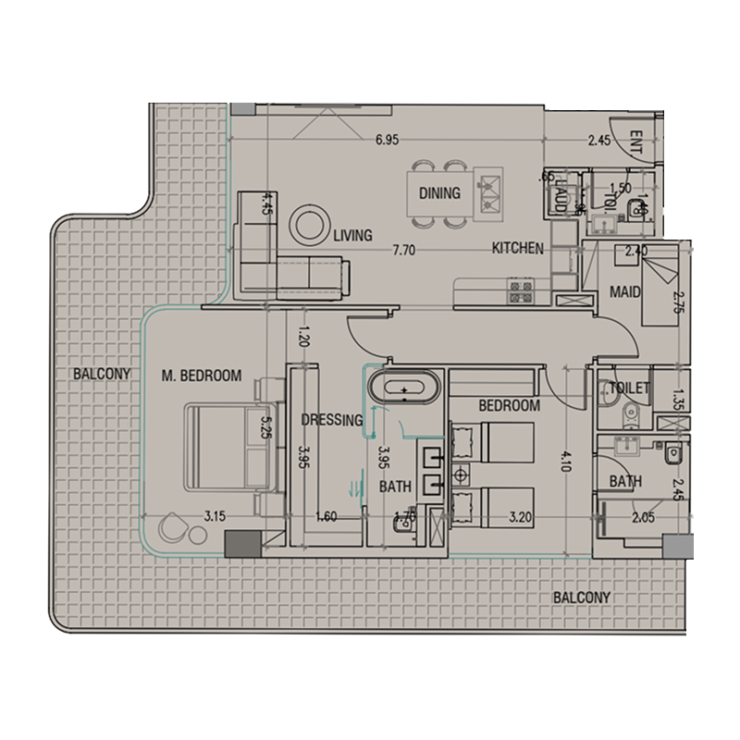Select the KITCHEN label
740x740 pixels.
pyautogui.click(x=516, y=249)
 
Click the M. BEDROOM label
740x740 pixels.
pyautogui.click(x=201, y=376)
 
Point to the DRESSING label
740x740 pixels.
pyautogui.click(x=331, y=420)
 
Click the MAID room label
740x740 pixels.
pyautogui.click(x=625, y=292)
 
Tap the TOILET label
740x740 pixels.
pyautogui.click(x=629, y=388)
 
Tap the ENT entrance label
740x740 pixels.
pyautogui.click(x=635, y=142)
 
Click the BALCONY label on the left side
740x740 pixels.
pyautogui.click(x=103, y=375)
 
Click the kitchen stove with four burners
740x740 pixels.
pyautogui.click(x=519, y=291)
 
